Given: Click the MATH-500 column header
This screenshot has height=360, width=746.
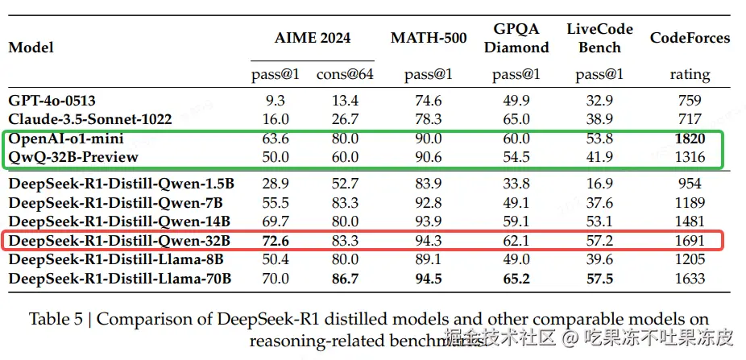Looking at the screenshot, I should pyautogui.click(x=429, y=38).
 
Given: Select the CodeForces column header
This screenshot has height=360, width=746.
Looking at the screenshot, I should pyautogui.click(x=690, y=38).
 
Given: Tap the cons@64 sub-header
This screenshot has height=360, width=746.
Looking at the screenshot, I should pyautogui.click(x=344, y=74).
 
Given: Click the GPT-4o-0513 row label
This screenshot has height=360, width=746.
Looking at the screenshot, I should pyautogui.click(x=52, y=101).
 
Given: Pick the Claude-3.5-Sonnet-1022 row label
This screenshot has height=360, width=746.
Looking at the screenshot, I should pyautogui.click(x=90, y=119).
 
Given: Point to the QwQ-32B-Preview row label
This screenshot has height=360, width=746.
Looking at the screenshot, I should pyautogui.click(x=73, y=157).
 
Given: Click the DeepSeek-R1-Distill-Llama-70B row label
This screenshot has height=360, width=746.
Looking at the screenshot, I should pyautogui.click(x=120, y=279).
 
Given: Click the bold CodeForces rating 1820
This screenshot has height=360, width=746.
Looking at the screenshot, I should pyautogui.click(x=690, y=139).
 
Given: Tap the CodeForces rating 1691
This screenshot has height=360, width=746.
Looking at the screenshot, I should pyautogui.click(x=690, y=240).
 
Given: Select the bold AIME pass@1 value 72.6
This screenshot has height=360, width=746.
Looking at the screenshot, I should pyautogui.click(x=276, y=240).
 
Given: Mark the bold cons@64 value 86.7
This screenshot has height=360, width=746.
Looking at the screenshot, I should pyautogui.click(x=344, y=279).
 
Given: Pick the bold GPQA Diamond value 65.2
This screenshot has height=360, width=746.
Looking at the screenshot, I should pyautogui.click(x=516, y=279).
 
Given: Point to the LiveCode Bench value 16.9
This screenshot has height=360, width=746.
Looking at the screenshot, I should pyautogui.click(x=599, y=184).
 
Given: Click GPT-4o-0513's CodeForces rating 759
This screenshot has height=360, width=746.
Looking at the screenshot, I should pyautogui.click(x=690, y=101).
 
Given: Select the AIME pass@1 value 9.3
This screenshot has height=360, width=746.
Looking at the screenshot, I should pyautogui.click(x=276, y=101).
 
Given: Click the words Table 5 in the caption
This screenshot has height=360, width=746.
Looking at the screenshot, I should pyautogui.click(x=56, y=319).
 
